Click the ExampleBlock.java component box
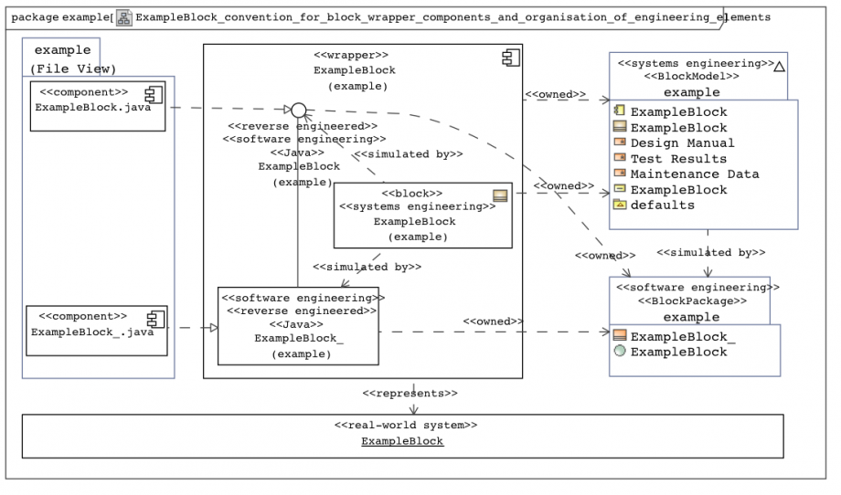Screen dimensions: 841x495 [98, 106]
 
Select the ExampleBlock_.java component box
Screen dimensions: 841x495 [97, 331]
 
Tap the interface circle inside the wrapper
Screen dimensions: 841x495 [299, 111]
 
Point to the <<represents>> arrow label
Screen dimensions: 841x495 [410, 394]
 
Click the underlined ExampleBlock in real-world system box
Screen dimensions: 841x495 [402, 441]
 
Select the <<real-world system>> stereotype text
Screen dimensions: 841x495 [406, 425]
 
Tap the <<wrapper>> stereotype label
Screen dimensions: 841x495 [351, 55]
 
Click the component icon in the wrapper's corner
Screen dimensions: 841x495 [511, 58]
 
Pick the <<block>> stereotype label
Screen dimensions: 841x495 [412, 193]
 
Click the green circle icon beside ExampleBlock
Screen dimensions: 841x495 [620, 351]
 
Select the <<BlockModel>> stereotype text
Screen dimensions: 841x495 [691, 76]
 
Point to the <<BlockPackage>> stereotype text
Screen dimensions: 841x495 [692, 300]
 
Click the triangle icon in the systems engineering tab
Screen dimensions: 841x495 [780, 67]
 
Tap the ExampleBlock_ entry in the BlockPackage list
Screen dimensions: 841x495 [675, 336]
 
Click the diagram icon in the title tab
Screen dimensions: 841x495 [124, 17]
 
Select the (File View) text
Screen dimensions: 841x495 [73, 68]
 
